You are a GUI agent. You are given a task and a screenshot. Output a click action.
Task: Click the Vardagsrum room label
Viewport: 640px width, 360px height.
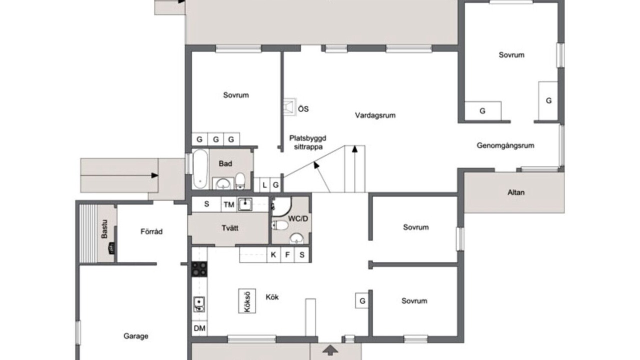pyautogui.click(x=375, y=115)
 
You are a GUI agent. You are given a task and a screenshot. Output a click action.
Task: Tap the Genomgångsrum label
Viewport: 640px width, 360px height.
pyautogui.click(x=505, y=145)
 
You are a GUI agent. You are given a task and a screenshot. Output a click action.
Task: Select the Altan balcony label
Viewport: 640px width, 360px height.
pyautogui.click(x=516, y=192)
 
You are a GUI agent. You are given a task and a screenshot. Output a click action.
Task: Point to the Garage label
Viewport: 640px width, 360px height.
pyautogui.click(x=135, y=336)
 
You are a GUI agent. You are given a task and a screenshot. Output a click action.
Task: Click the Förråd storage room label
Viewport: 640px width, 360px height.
pyautogui.click(x=151, y=231)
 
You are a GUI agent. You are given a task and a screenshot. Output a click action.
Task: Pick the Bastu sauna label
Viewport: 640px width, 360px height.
pyautogui.click(x=104, y=229)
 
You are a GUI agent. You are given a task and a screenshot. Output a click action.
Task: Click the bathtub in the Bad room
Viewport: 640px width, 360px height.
pyautogui.click(x=200, y=169)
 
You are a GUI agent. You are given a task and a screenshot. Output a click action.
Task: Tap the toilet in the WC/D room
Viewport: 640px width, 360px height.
pyautogui.click(x=279, y=225)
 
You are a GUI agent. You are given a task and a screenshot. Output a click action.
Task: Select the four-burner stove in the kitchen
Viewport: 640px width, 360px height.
pyautogui.click(x=199, y=269)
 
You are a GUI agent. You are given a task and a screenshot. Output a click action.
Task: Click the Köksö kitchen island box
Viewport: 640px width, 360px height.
pyautogui.click(x=247, y=301)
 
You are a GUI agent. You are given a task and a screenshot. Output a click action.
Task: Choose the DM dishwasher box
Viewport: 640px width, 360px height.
pyautogui.click(x=199, y=328)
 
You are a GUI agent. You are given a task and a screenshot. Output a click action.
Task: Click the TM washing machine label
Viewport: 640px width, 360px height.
pyautogui.click(x=229, y=205)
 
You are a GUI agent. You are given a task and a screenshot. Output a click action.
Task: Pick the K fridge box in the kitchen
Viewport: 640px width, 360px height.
pyautogui.click(x=273, y=254)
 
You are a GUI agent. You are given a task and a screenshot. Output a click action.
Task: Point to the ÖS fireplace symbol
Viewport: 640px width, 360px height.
pyautogui.click(x=289, y=107)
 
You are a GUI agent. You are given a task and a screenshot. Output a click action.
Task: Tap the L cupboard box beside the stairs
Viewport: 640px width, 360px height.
pyautogui.click(x=264, y=185)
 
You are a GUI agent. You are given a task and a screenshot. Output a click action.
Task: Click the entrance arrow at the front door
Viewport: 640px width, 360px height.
pyautogui.click(x=330, y=350)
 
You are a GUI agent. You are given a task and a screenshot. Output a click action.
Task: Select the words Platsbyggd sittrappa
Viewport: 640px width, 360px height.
pyautogui.click(x=307, y=142)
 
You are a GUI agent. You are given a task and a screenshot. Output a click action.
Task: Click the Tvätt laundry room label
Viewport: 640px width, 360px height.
pyautogui.click(x=230, y=228)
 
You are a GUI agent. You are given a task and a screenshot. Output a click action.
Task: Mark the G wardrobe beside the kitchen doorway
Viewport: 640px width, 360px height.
pyautogui.click(x=362, y=300)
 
